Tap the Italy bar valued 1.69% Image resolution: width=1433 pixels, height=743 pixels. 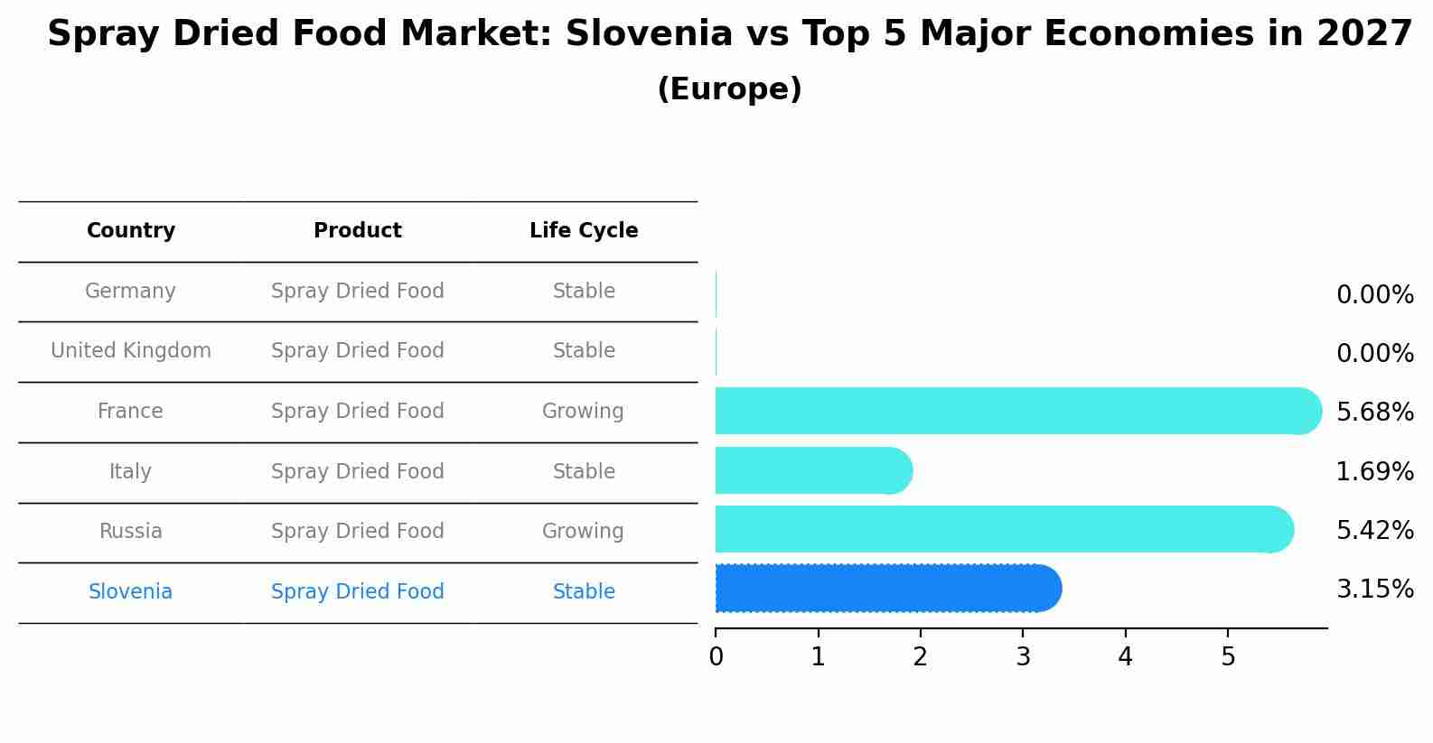[813, 470]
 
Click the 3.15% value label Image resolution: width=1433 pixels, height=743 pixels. [1374, 590]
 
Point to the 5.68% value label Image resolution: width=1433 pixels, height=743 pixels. [1374, 413]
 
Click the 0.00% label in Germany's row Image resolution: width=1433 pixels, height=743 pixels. [1374, 295]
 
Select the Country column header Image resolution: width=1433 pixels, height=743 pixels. [131, 231]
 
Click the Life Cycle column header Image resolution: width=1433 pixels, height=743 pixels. [584, 231]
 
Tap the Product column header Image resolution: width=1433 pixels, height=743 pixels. [358, 231]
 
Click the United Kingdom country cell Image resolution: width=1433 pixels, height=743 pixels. [131, 351]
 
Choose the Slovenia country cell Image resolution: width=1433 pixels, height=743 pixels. [131, 592]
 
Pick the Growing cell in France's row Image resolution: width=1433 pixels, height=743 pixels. [583, 412]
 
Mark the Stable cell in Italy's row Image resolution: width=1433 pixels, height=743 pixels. [584, 472]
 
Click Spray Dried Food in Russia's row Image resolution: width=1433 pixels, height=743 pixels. [358, 532]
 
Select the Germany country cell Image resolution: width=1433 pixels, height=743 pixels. [131, 292]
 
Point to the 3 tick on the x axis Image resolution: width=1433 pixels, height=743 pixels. [1023, 657]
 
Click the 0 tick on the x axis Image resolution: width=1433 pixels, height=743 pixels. [716, 657]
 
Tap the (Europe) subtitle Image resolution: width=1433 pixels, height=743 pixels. [729, 89]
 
